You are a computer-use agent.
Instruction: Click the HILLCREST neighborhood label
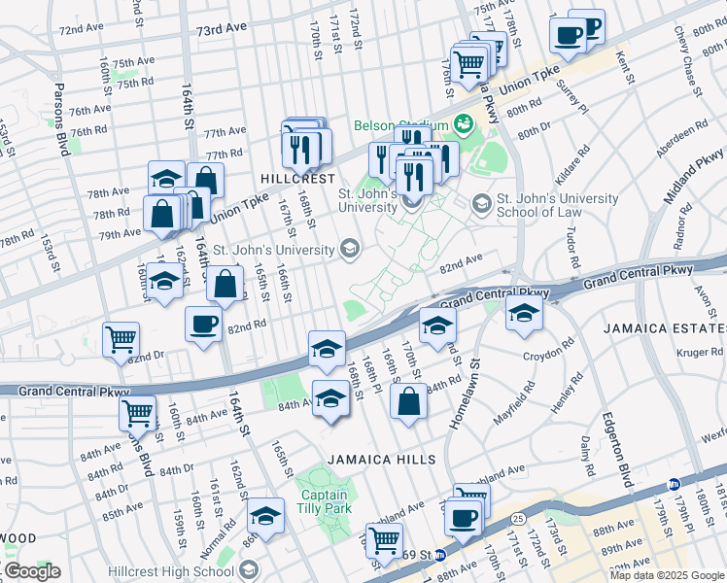[x=297, y=179]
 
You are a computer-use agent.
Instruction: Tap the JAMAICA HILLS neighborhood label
[x=372, y=459]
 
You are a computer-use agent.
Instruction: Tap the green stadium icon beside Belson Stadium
[x=463, y=125]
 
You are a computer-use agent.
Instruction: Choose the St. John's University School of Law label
[x=557, y=206]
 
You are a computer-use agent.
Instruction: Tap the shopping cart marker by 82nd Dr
[x=121, y=339]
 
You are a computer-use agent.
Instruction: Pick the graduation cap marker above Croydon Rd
[x=524, y=312]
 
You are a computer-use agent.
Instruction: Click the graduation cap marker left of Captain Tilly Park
[x=264, y=515]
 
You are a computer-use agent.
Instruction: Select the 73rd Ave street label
[x=222, y=30]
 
